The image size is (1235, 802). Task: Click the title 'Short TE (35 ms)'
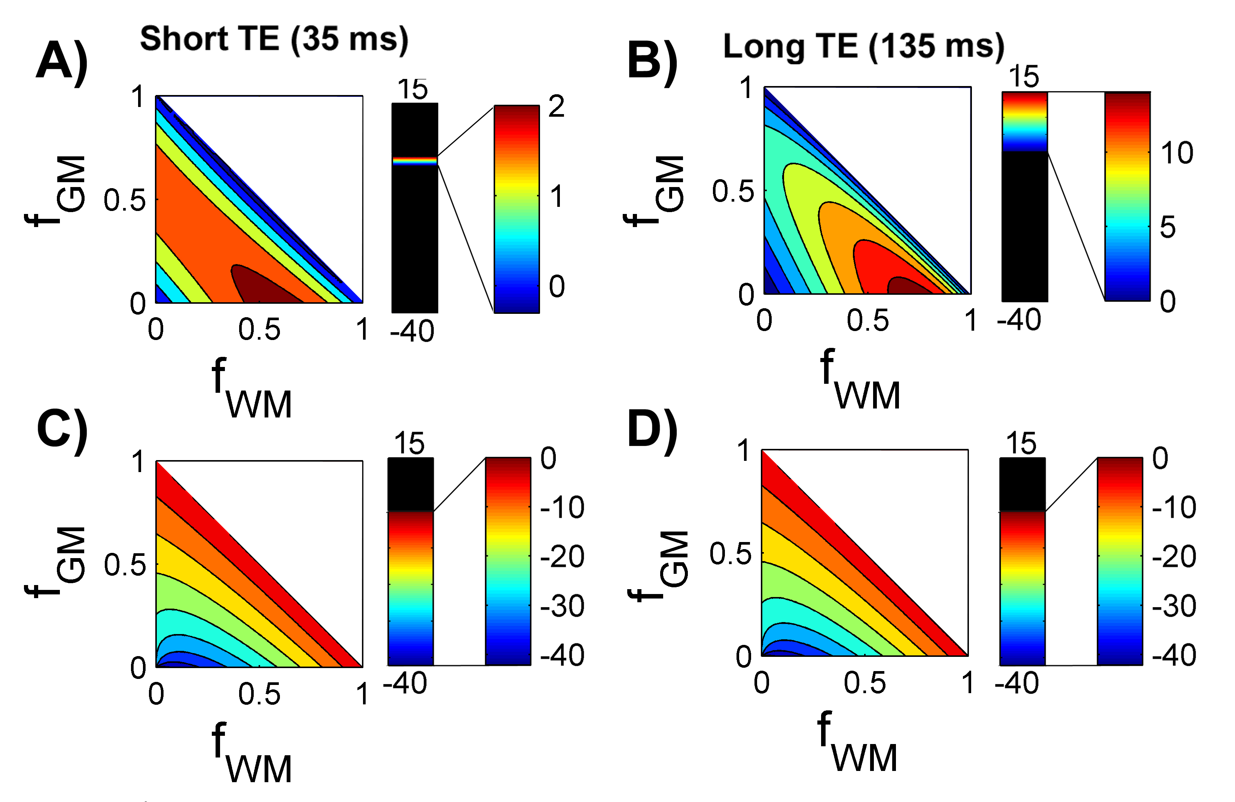(x=274, y=39)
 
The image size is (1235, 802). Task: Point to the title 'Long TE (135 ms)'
(x=863, y=47)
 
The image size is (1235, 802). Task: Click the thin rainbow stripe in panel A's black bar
(x=415, y=161)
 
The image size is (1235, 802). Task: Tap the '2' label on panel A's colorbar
(x=556, y=107)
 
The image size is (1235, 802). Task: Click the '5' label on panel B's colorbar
(x=1168, y=227)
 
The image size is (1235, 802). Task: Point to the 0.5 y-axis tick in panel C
(x=125, y=566)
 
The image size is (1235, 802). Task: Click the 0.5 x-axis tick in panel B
(x=867, y=321)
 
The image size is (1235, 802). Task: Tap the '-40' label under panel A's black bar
(x=412, y=331)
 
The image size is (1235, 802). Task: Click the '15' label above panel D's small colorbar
(x=1021, y=444)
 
